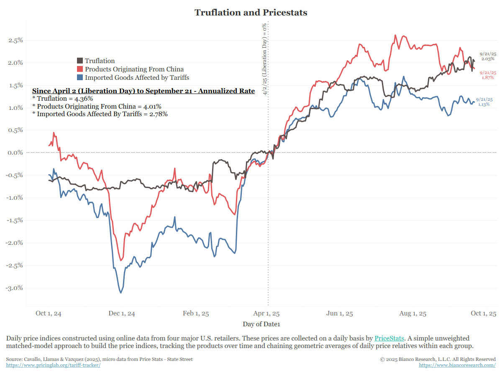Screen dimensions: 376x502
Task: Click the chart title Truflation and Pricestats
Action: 251,13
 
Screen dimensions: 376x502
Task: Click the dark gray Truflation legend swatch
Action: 80,61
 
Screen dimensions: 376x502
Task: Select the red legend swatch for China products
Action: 80,69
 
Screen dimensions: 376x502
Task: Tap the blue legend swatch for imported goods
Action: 80,78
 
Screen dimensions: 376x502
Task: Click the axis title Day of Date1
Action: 261,324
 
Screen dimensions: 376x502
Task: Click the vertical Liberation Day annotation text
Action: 264,59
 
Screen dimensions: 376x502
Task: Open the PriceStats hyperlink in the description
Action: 389,338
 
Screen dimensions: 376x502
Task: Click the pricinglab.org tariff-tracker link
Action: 53,365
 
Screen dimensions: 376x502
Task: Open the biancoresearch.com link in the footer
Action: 457,365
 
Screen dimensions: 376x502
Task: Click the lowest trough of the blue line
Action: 121,293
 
